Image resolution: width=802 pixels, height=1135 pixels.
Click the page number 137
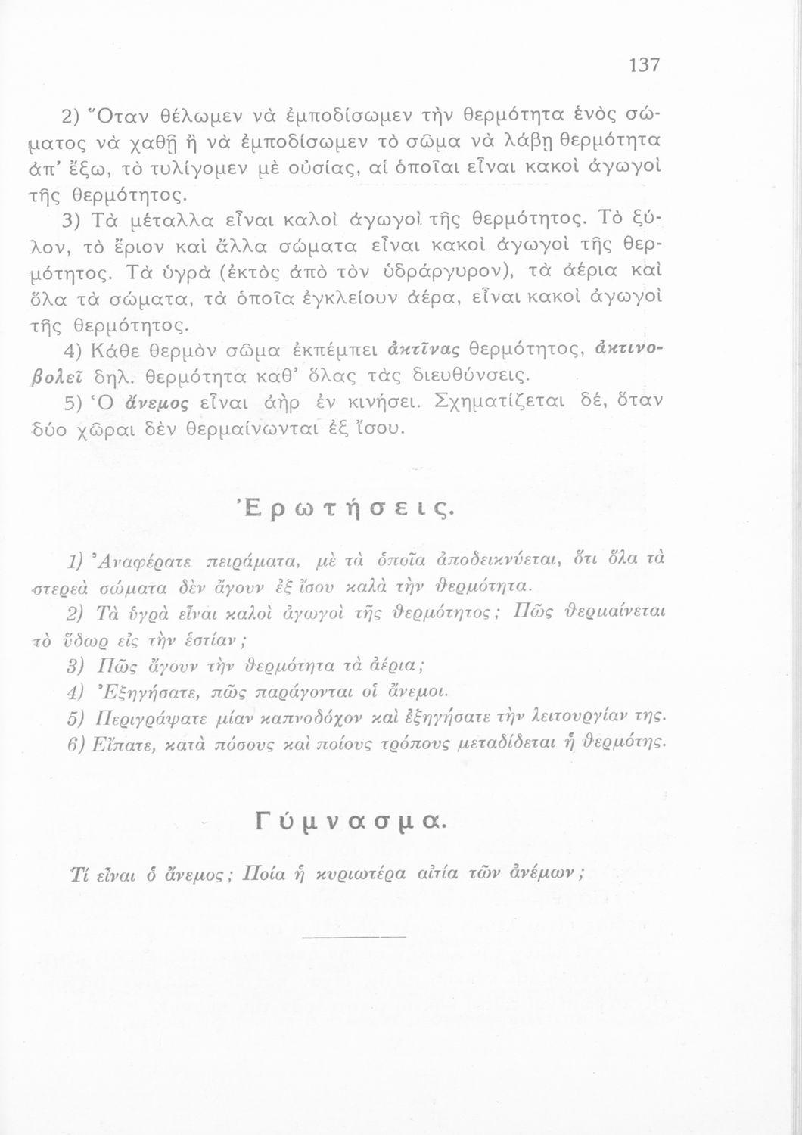pyautogui.click(x=644, y=65)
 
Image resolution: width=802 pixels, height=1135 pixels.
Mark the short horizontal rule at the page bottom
pyautogui.click(x=353, y=938)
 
